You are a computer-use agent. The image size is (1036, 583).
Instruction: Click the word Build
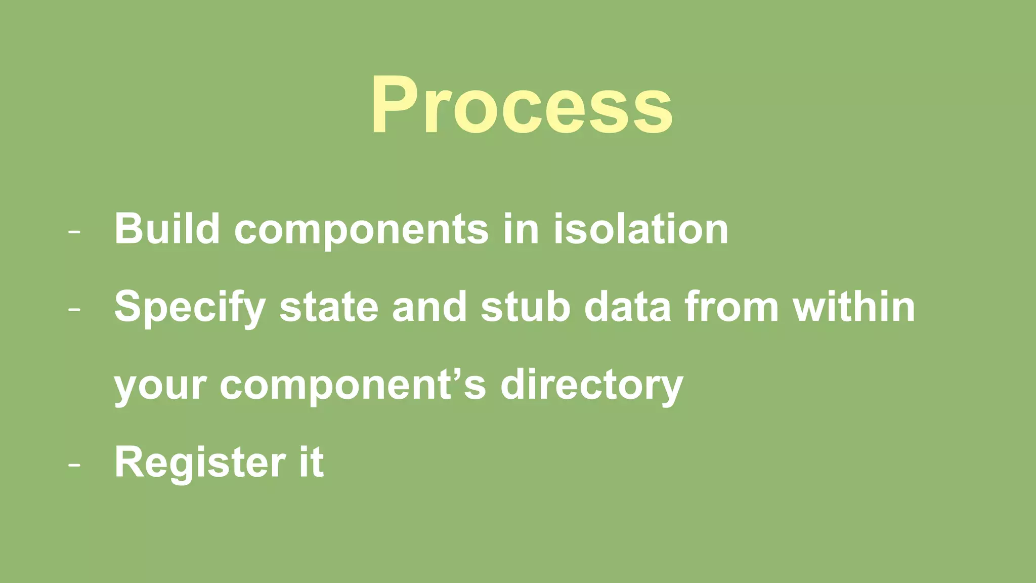[167, 229]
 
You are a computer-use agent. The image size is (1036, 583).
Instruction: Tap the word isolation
[640, 229]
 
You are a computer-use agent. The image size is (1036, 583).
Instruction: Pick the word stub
[526, 307]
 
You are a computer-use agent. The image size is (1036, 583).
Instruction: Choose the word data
[627, 307]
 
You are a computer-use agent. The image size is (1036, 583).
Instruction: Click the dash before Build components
[74, 232]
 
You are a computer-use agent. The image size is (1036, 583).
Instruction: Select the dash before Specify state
[74, 310]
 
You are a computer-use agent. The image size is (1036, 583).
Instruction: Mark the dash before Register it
[74, 465]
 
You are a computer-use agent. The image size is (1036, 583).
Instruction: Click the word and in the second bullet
[429, 307]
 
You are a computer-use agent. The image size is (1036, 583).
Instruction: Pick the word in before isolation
[521, 229]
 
